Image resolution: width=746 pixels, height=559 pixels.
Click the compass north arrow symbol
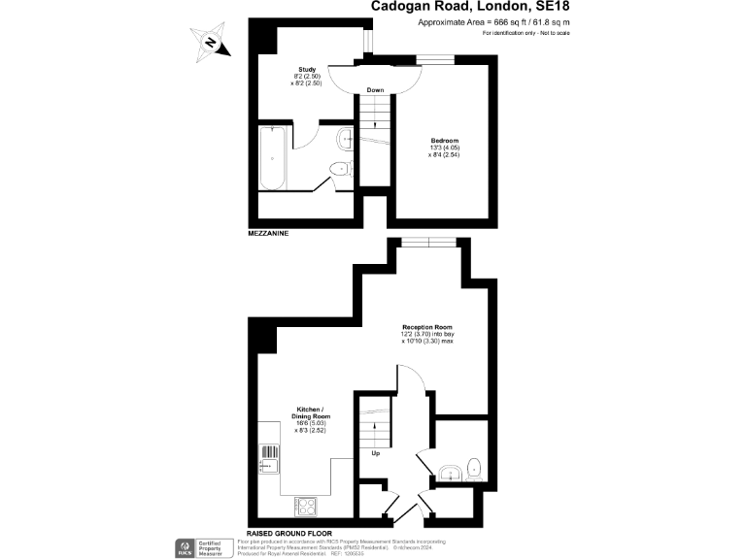(211, 42)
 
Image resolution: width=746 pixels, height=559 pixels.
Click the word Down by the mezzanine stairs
(375, 90)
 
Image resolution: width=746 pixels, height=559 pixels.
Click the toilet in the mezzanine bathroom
(339, 169)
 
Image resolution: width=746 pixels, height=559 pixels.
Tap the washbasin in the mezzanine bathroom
(346, 139)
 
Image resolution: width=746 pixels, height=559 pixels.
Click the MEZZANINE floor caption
(268, 235)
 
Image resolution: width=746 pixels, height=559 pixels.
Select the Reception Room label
(428, 328)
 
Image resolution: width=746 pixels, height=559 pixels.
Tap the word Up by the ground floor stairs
(374, 452)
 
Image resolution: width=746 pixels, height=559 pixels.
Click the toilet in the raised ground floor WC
(473, 468)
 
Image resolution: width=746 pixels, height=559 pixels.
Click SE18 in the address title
(547, 8)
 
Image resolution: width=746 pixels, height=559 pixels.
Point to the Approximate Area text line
(493, 23)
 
